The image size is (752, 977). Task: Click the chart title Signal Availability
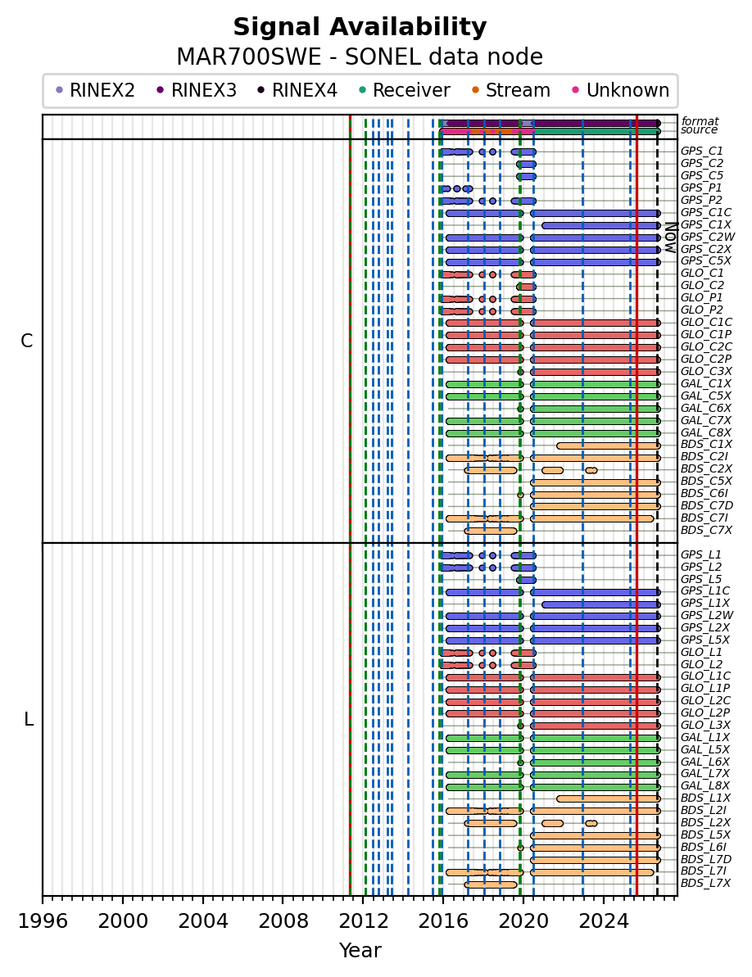(x=360, y=27)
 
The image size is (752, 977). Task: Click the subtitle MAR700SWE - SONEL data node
(x=360, y=57)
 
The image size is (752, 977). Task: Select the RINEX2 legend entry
(x=95, y=90)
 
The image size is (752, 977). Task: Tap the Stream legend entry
(x=511, y=90)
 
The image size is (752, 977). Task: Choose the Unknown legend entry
(x=621, y=90)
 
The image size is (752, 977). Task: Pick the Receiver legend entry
(x=404, y=90)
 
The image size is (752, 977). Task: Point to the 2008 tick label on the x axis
(x=283, y=921)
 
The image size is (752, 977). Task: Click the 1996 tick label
(x=43, y=921)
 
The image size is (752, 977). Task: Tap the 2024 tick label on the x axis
(x=602, y=921)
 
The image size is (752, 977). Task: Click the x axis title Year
(x=360, y=951)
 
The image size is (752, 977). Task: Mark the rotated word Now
(x=670, y=237)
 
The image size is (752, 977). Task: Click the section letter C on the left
(x=27, y=341)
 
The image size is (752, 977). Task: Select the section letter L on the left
(x=28, y=720)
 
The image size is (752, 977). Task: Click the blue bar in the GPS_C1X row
(x=600, y=225)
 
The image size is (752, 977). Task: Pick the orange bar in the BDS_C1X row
(x=608, y=446)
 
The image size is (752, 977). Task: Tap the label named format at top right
(x=700, y=121)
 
